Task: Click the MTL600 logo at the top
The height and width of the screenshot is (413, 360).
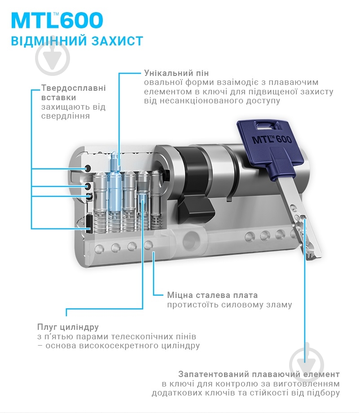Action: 57,21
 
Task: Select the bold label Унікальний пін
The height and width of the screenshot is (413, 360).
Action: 176,73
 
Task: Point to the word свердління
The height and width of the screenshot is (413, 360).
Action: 65,116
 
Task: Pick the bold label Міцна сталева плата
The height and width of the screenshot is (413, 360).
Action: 212,295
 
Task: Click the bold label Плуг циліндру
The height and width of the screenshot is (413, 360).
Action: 68,327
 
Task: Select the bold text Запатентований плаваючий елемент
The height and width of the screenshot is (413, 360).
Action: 259,374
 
